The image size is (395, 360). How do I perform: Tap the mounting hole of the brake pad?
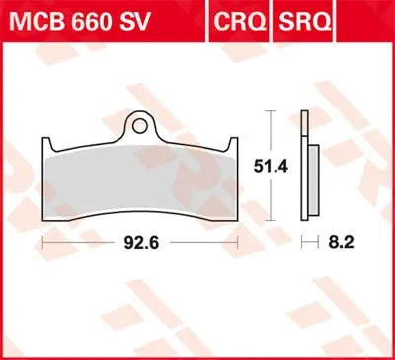pos(143,126)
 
